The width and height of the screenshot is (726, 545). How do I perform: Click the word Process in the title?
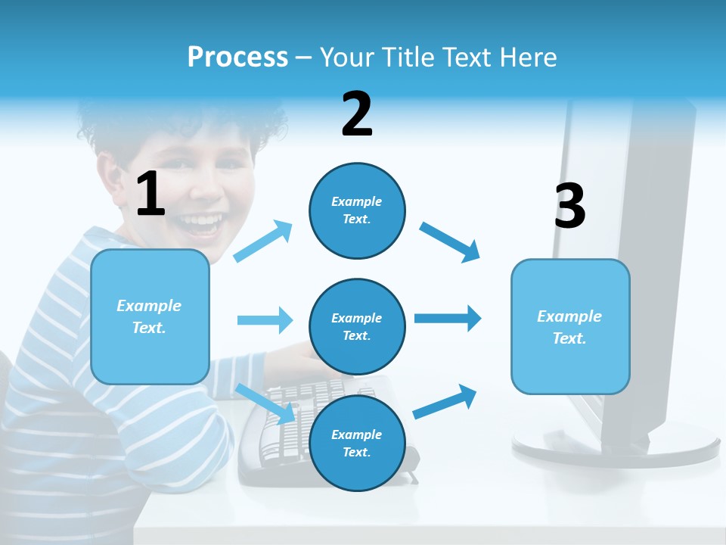[x=237, y=57]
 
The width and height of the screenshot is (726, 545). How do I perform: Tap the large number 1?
[x=150, y=194]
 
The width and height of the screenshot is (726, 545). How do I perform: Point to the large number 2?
[x=357, y=114]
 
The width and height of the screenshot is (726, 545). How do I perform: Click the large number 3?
[x=569, y=206]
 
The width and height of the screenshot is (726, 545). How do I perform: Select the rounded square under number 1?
[x=150, y=316]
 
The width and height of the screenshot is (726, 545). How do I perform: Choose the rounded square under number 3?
[x=570, y=326]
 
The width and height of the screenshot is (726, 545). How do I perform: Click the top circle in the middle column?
[x=357, y=210]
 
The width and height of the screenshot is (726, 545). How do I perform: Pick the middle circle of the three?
[x=357, y=326]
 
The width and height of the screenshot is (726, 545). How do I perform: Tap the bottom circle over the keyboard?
[x=357, y=443]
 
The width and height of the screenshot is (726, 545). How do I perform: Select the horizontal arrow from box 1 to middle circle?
[x=265, y=320]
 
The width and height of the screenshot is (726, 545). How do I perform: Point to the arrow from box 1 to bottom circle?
[x=266, y=403]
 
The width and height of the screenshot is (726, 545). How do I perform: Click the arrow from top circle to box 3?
[x=450, y=241]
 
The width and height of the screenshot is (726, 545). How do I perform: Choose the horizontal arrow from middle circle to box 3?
[x=448, y=318]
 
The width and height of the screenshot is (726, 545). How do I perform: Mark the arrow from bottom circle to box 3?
[x=445, y=401]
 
